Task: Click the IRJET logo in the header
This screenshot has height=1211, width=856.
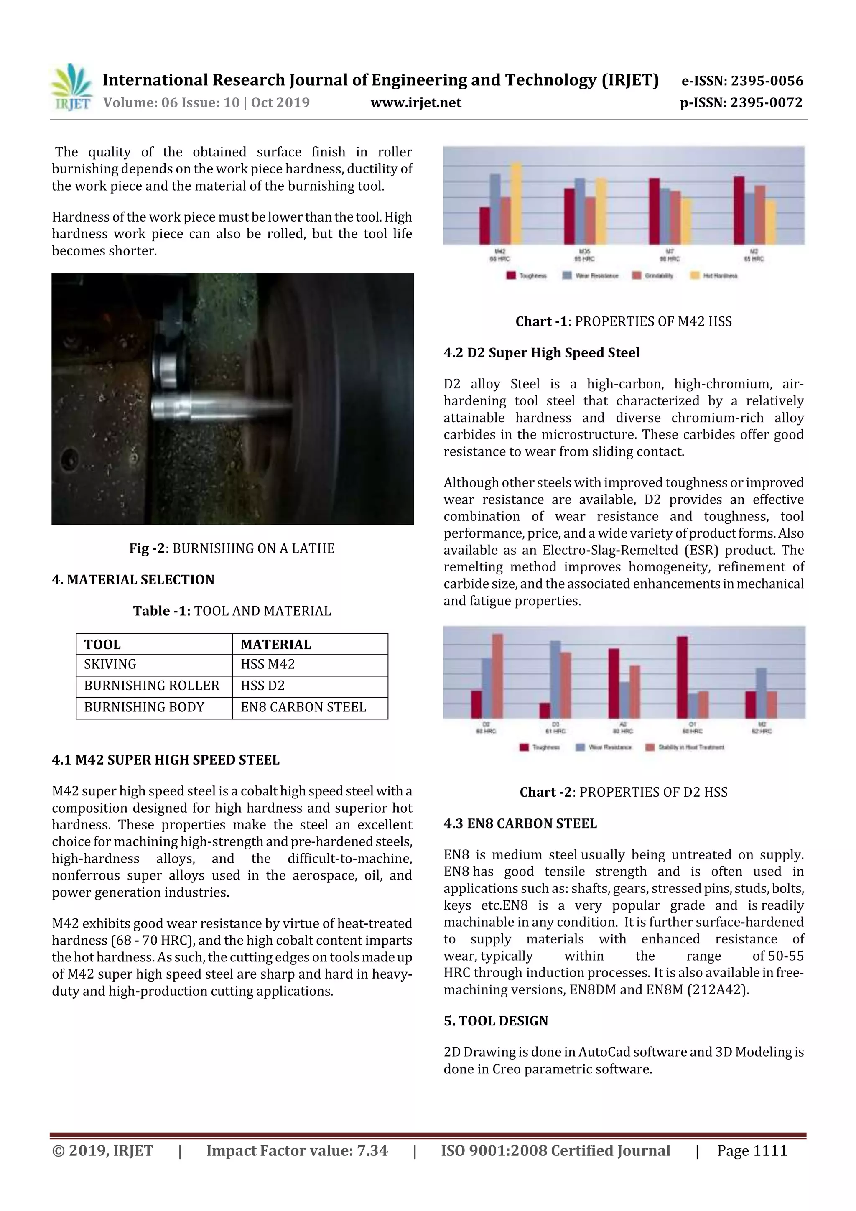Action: pyautogui.click(x=71, y=87)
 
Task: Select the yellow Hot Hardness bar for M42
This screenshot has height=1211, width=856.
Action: pyautogui.click(x=516, y=204)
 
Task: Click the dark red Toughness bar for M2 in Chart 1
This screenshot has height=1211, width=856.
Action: pyautogui.click(x=739, y=210)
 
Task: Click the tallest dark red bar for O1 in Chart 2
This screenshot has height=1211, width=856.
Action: pyautogui.click(x=682, y=677)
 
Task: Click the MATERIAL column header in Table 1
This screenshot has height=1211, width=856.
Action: pyautogui.click(x=276, y=645)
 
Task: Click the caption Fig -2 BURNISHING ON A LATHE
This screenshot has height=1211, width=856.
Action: pyautogui.click(x=232, y=548)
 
